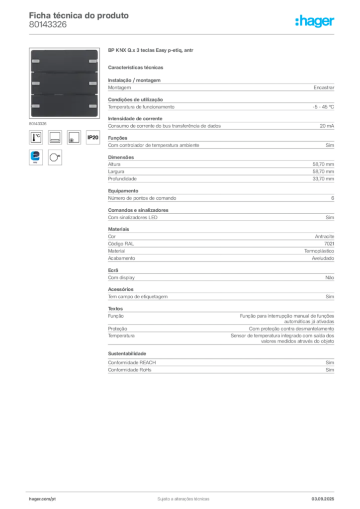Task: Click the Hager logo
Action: [x=314, y=21]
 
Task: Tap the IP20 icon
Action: [x=93, y=137]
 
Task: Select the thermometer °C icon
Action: [x=36, y=137]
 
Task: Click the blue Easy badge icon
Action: [x=36, y=158]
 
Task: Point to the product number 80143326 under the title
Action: [x=48, y=25]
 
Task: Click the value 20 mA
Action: [x=327, y=126]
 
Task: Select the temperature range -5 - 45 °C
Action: [x=323, y=107]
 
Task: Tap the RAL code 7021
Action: [x=329, y=244]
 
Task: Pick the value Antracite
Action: [x=324, y=237]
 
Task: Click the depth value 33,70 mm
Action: [x=323, y=179]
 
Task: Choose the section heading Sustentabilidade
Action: [x=127, y=353]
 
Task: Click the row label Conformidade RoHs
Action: [x=129, y=370]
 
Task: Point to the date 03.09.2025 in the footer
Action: [x=323, y=499]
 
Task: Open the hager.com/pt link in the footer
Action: [x=42, y=499]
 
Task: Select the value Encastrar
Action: [x=324, y=87]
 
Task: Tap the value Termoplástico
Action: [x=319, y=251]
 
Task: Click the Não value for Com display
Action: [x=330, y=277]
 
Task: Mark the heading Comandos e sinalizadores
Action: [x=138, y=210]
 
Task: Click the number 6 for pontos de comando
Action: [x=333, y=198]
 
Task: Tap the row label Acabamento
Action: [x=121, y=258]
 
